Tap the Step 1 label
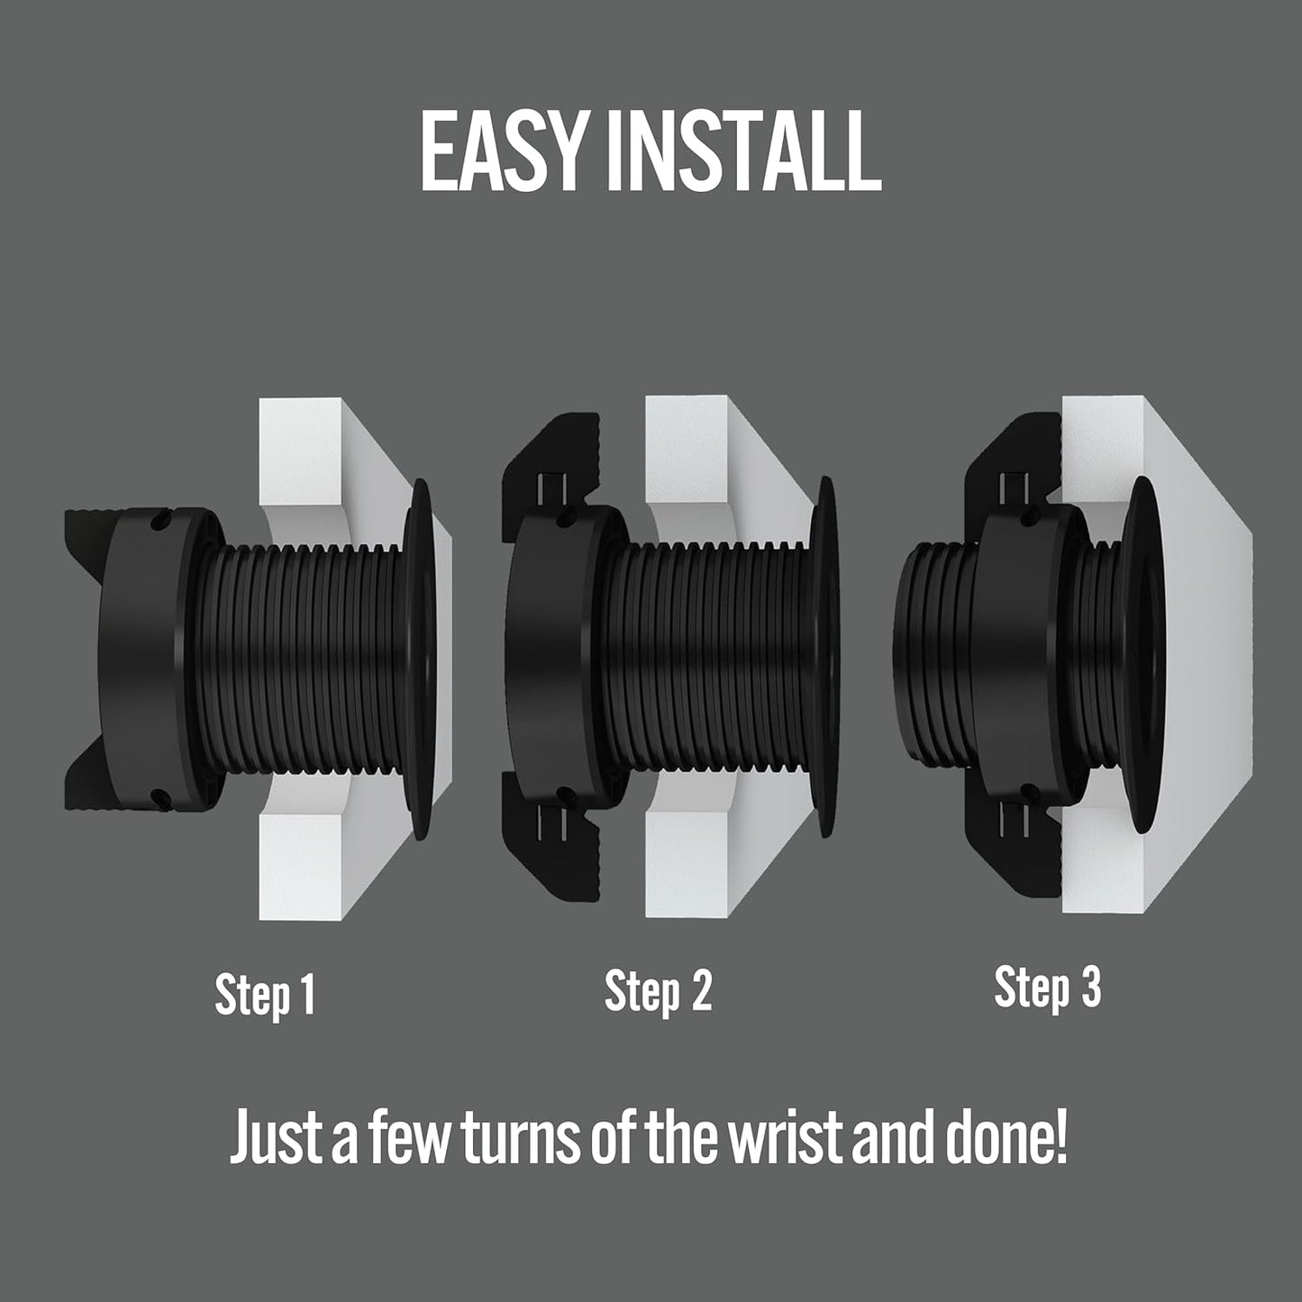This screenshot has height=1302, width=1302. pyautogui.click(x=265, y=994)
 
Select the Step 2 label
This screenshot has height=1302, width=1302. pyautogui.click(x=658, y=990)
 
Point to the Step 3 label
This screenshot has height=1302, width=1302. pyautogui.click(x=1047, y=987)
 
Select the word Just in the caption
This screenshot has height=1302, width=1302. pyautogui.click(x=275, y=1138)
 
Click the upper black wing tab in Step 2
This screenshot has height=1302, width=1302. pyautogui.click(x=550, y=469)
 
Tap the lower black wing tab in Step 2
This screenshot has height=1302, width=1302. pyautogui.click(x=550, y=838)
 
